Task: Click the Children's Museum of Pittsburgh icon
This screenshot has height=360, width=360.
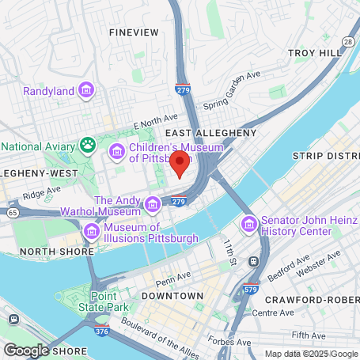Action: click(117, 151)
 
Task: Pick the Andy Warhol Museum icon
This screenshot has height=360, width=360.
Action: click(152, 205)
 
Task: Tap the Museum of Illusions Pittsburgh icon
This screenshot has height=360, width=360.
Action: click(92, 231)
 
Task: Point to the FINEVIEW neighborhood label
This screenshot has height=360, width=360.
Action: click(134, 33)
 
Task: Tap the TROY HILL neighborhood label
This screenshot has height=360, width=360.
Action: click(314, 52)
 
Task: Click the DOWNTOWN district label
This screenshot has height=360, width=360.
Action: click(172, 295)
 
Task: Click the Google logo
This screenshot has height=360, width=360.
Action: click(26, 350)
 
